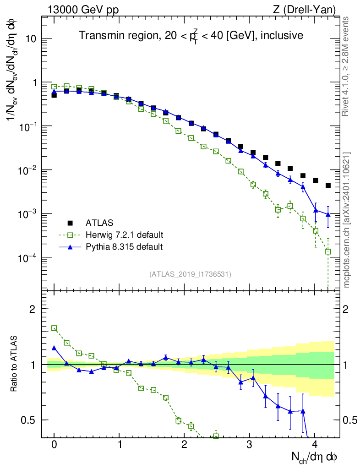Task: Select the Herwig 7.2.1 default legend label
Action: (x=125, y=235)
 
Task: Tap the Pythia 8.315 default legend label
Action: (x=124, y=247)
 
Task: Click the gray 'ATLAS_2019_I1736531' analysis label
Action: (x=190, y=274)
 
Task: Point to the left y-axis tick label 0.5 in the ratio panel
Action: (x=28, y=420)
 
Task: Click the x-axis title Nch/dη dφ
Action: (x=315, y=458)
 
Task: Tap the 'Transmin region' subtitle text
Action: (x=190, y=36)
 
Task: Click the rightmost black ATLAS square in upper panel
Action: (x=328, y=185)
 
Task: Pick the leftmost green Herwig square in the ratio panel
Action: (x=54, y=328)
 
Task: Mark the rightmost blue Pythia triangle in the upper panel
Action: (x=328, y=214)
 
